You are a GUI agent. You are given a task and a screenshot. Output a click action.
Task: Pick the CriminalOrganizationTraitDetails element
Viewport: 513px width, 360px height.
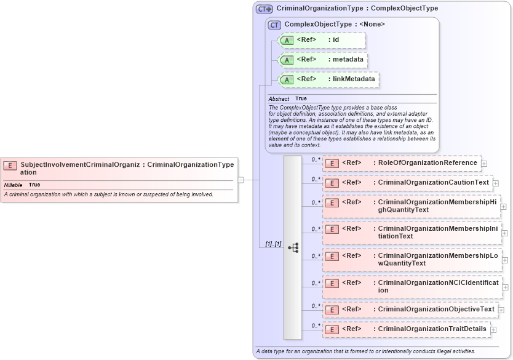[407, 329]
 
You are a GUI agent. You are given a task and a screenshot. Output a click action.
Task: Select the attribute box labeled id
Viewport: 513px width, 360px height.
[322, 40]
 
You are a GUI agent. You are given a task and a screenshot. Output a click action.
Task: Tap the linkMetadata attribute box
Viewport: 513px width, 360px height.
[328, 79]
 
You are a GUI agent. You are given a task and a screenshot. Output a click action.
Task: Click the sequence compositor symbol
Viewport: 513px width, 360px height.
[293, 247]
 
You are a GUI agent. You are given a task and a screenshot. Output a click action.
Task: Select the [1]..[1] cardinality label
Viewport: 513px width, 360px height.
[273, 244]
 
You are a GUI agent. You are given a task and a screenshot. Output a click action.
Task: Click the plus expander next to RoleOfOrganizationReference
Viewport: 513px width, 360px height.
[484, 164]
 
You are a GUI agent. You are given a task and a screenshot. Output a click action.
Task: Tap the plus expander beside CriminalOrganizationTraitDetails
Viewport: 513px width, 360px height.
[493, 330]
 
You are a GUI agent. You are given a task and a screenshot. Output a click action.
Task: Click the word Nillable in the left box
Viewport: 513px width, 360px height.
[13, 185]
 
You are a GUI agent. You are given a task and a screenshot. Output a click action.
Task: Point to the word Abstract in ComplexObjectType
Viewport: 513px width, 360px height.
[279, 98]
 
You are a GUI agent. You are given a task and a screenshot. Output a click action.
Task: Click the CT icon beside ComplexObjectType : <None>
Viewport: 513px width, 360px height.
[275, 24]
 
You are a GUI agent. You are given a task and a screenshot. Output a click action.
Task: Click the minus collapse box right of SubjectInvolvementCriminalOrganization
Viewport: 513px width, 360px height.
[241, 180]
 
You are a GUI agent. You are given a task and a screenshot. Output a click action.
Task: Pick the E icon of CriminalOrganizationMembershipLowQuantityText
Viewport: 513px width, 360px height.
[332, 257]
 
